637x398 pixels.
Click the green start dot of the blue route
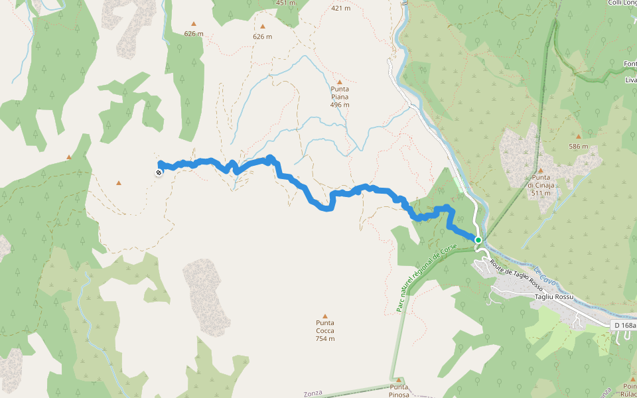pos(478,239)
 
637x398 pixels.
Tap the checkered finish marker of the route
pos(159,173)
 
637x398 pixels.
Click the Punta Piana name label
pos(340,92)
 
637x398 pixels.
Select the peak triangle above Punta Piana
pos(340,82)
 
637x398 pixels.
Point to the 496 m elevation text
pos(340,105)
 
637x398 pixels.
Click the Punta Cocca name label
pos(324,326)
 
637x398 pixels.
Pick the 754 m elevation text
pos(324,339)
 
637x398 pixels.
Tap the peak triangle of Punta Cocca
pos(324,316)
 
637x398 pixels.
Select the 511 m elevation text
pos(541,193)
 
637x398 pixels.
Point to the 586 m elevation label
pos(579,147)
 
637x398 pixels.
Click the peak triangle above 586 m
pos(579,137)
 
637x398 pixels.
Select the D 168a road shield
pos(623,325)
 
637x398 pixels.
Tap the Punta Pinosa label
pos(399,391)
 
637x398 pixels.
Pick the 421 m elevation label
pos(340,9)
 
